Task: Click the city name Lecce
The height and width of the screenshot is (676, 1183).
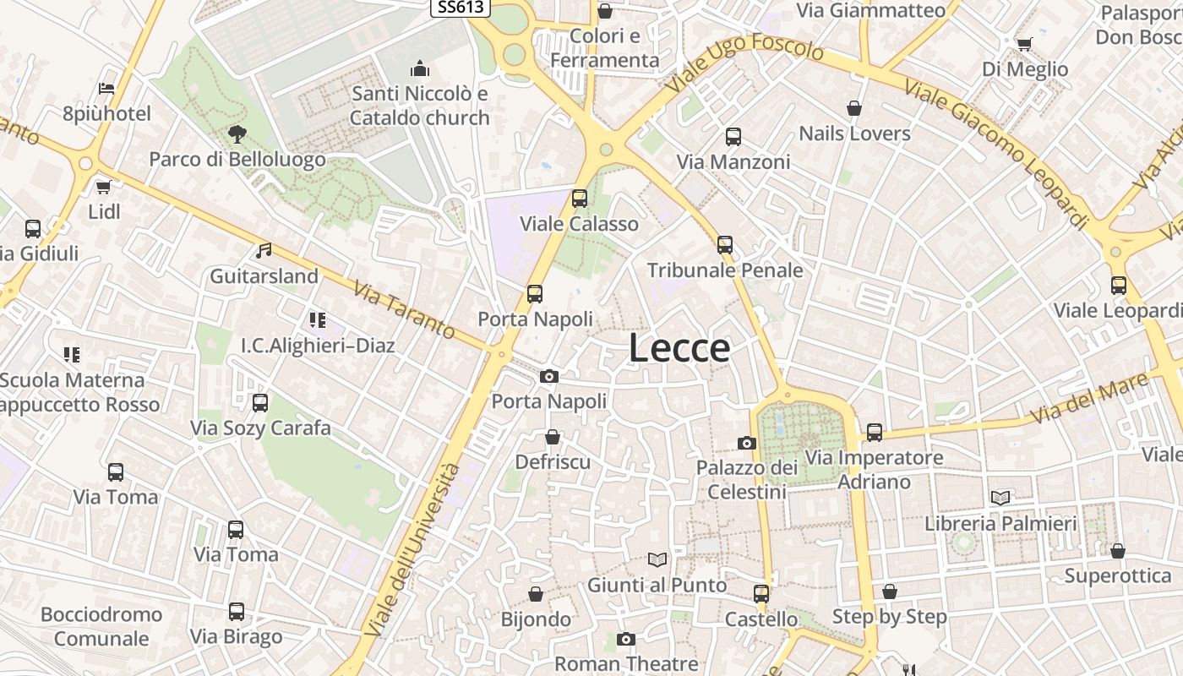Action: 679,348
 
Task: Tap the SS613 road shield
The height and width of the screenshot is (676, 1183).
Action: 461,7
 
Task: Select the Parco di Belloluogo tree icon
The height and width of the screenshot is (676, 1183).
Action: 237,134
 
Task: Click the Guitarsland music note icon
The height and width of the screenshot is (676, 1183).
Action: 264,251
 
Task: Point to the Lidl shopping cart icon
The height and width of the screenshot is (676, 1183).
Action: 103,187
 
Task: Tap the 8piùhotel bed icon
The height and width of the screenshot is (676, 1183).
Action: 106,88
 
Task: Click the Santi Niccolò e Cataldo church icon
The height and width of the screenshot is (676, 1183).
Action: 419,68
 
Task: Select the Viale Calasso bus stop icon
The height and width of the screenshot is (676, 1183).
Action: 580,199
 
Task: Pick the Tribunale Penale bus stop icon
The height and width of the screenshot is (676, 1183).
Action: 725,245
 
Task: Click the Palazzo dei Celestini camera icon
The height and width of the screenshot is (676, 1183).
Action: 746,443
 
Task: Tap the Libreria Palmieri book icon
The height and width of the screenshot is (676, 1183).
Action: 1000,499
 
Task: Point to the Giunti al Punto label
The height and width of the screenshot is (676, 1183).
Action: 657,585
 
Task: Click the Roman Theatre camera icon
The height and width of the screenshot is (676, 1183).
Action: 625,639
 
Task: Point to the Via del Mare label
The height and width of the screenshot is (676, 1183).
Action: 1089,398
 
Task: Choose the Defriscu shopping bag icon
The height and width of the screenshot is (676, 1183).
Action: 553,437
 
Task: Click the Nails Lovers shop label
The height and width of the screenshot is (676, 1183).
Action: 854,134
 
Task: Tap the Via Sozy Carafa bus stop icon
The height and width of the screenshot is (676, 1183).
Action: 260,403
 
